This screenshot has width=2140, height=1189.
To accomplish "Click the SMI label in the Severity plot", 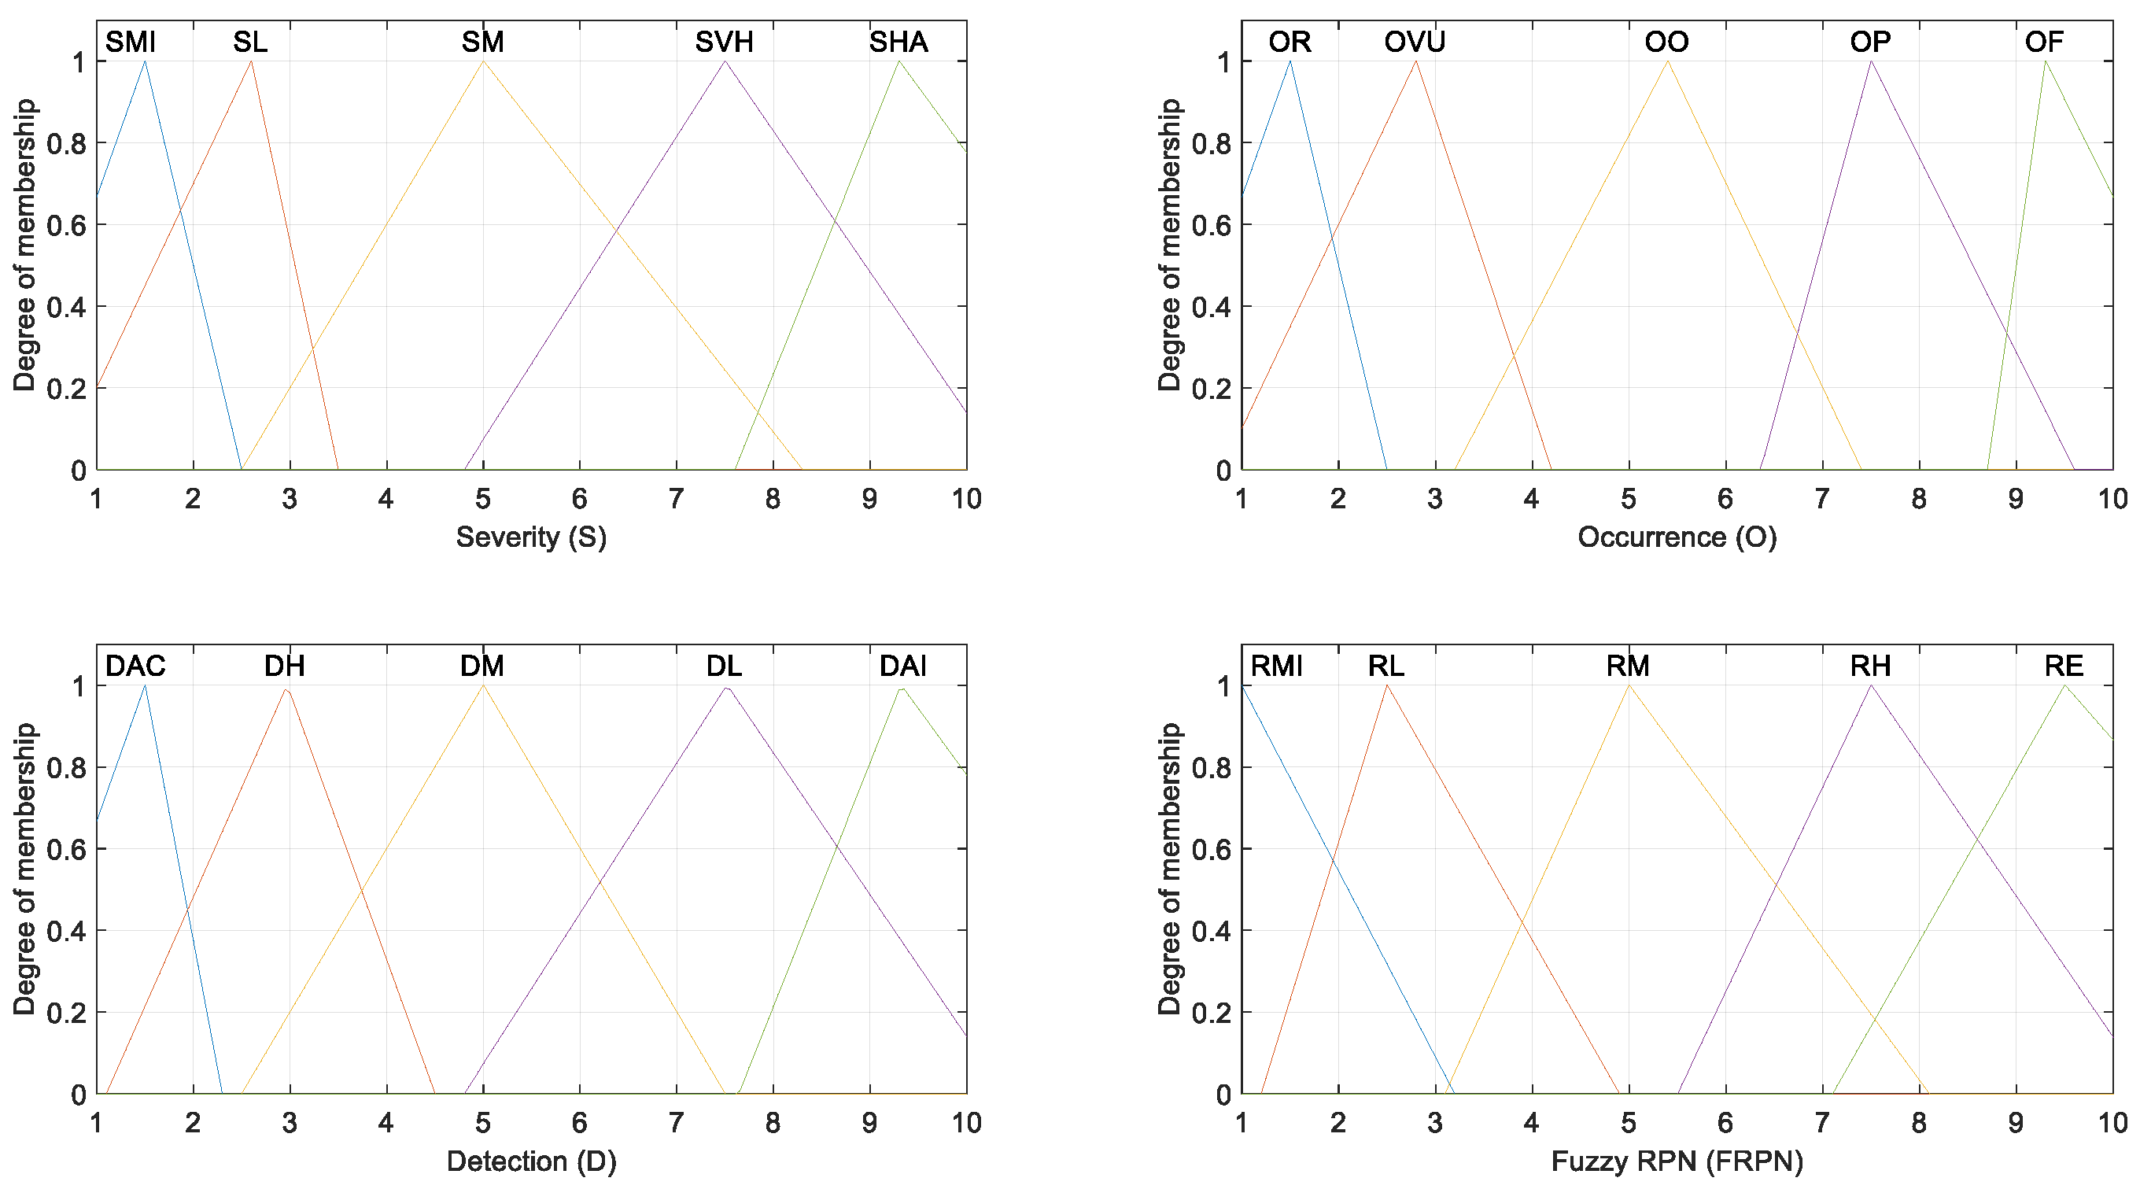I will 131,42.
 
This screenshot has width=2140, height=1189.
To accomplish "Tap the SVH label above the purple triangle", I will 724,42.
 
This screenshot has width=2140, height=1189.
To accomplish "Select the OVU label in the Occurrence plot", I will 1414,42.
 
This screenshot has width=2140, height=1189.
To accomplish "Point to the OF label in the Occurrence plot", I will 2044,42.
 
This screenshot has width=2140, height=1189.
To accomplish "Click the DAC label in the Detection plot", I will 135,666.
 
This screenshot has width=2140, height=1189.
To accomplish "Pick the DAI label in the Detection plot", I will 903,666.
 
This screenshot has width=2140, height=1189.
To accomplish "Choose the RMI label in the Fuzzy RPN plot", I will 1276,666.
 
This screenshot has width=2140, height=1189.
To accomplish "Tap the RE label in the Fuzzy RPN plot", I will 2064,666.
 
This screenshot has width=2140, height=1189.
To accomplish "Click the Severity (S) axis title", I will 531,537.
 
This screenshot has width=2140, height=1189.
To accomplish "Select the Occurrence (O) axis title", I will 1677,537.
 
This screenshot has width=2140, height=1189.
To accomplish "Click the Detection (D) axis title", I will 531,1161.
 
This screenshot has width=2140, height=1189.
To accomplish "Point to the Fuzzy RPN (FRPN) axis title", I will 1677,1161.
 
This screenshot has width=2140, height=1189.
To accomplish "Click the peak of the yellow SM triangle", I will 482,61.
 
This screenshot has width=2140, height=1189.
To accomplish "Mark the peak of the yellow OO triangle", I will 1666,61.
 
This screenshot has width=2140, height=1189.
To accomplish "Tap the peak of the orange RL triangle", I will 1386,685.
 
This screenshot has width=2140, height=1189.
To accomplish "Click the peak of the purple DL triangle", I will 726,687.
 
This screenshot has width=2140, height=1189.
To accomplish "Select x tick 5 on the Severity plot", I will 482,499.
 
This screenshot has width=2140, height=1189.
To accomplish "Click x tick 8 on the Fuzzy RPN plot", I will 1918,1123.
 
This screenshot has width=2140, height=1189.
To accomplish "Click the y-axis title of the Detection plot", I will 25,868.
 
